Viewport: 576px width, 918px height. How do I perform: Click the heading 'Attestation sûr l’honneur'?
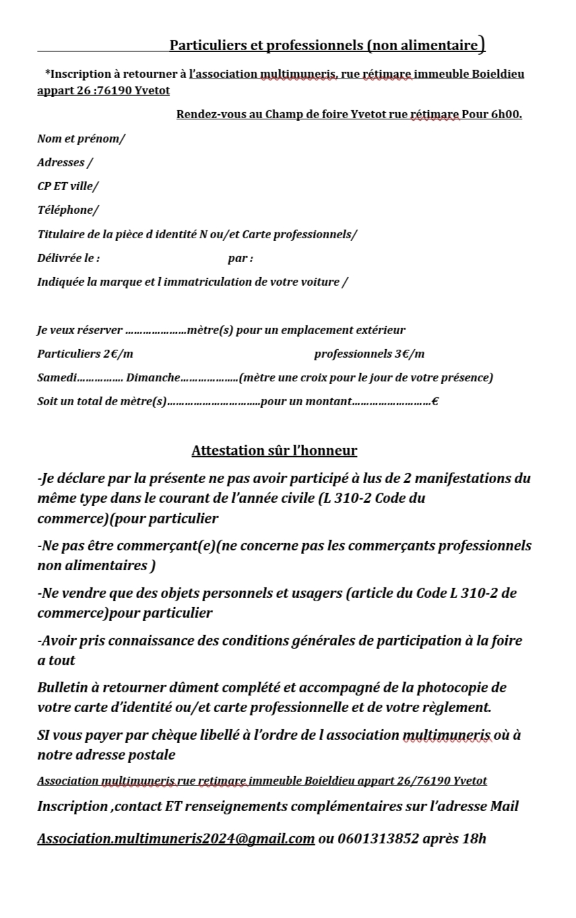(274, 451)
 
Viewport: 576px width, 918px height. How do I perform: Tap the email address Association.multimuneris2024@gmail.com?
(176, 839)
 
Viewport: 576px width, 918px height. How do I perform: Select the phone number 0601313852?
(377, 839)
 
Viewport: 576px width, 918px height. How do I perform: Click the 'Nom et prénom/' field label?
(80, 139)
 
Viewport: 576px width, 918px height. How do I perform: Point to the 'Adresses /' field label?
(65, 162)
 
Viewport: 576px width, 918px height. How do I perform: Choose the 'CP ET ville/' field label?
(67, 186)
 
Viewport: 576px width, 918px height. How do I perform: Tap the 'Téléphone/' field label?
(68, 210)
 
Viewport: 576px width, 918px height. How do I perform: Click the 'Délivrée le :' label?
(69, 258)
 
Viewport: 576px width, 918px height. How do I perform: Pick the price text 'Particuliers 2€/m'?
(85, 354)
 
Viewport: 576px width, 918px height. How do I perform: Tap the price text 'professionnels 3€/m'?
(369, 354)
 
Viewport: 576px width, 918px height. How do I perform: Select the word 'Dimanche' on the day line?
(153, 377)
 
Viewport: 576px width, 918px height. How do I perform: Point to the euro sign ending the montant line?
(435, 401)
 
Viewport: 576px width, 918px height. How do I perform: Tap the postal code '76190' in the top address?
(114, 90)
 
